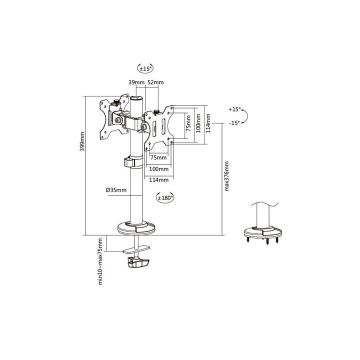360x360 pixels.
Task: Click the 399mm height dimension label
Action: [x=82, y=141]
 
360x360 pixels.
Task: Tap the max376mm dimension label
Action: [x=226, y=176]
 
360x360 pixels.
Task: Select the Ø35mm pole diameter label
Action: [x=116, y=190]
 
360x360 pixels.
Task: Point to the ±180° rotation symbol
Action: [x=165, y=197]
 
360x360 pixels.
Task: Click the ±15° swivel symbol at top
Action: [x=145, y=68]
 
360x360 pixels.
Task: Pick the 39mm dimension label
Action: [x=136, y=82]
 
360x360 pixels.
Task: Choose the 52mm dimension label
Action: [x=155, y=82]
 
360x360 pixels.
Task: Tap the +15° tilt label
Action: [x=234, y=109]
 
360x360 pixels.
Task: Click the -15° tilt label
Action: [x=234, y=123]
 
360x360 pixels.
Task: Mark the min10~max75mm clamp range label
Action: [x=100, y=261]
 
